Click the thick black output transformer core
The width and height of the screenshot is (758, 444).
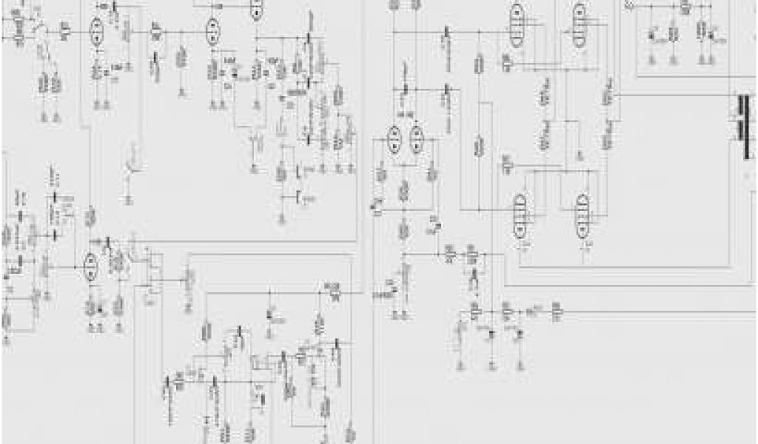[x=742, y=127]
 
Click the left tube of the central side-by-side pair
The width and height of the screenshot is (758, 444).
[x=394, y=140]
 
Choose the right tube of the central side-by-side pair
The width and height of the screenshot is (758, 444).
[x=417, y=140]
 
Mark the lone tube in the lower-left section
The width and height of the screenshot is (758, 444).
[x=90, y=266]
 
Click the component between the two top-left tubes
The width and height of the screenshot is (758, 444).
[x=156, y=31]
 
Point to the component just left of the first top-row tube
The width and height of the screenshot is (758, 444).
[x=65, y=31]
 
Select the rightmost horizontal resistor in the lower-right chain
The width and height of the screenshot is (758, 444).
[x=557, y=313]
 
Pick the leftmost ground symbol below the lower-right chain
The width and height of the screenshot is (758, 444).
[x=460, y=365]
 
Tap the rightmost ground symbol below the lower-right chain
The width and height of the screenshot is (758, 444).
[x=522, y=365]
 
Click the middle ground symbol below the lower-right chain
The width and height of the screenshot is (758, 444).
[x=492, y=365]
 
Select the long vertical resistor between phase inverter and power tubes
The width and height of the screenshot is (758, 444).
[x=479, y=144]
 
